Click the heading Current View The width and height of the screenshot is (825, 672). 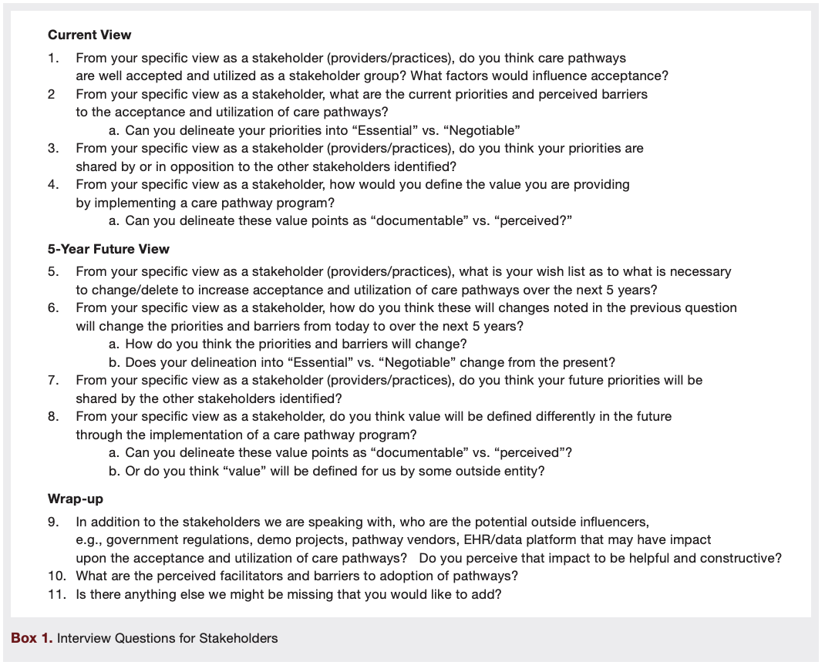[x=89, y=35]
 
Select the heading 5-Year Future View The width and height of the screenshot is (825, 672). [x=108, y=249]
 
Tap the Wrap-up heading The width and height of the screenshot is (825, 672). [x=76, y=499]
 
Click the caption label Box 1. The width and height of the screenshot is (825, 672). [x=30, y=638]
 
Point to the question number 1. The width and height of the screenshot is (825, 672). [x=52, y=58]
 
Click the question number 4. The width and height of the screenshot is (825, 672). [x=52, y=185]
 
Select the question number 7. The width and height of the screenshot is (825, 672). [x=52, y=380]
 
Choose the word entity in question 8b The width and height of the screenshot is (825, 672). [x=524, y=471]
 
